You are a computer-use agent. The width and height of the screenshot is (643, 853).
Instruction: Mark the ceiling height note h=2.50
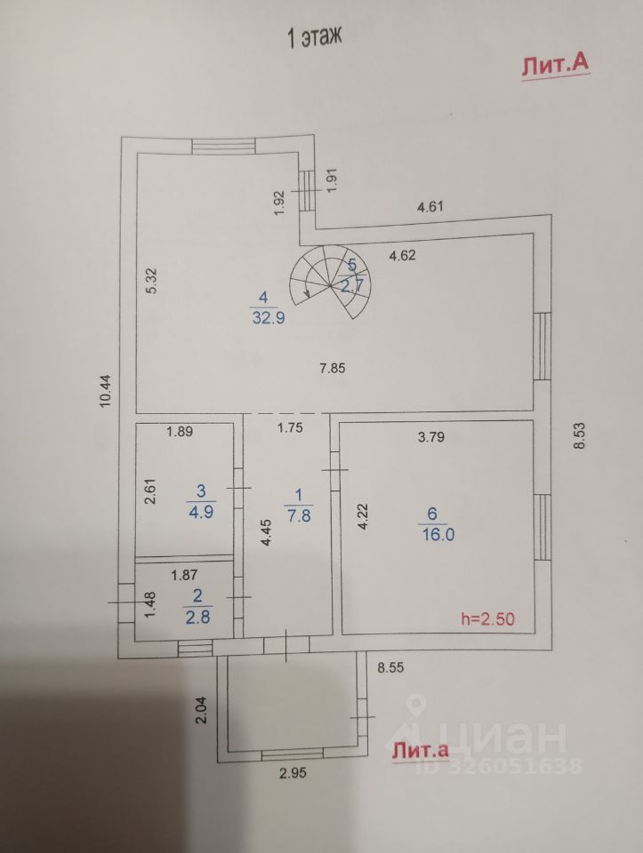pos(488,618)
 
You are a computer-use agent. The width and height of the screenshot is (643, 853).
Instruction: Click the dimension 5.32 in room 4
pos(152,282)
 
